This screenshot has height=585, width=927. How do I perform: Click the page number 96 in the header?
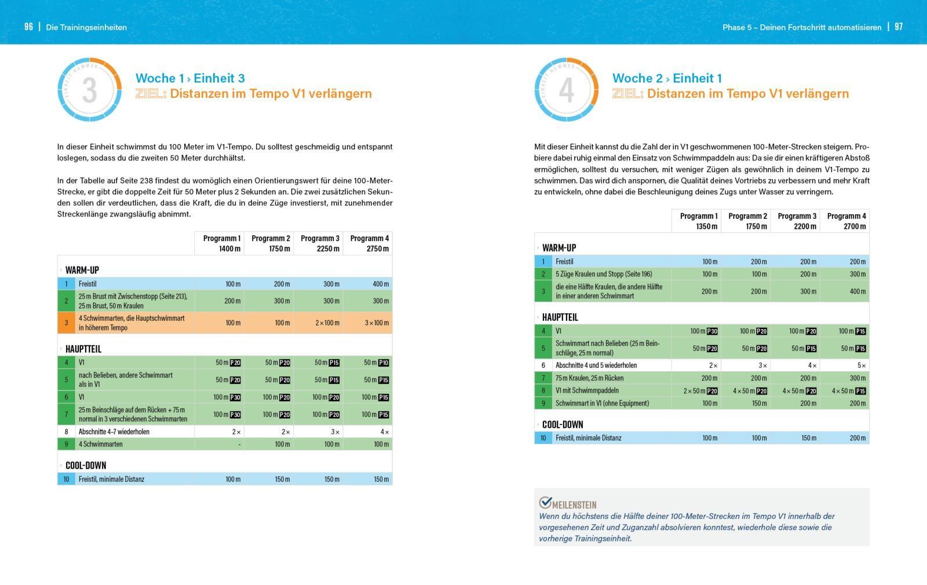(x=28, y=27)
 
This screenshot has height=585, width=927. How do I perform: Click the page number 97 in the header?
(x=899, y=27)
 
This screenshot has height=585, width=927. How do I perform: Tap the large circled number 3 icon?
(x=89, y=90)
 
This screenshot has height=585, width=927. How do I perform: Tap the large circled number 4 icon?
(x=566, y=90)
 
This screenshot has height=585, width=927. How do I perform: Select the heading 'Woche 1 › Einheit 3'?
(x=190, y=78)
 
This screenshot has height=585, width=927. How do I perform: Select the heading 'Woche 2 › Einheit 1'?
(x=667, y=78)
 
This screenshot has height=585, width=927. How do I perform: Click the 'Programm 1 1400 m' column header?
(x=221, y=243)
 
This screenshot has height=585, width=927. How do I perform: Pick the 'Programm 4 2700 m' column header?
(x=846, y=221)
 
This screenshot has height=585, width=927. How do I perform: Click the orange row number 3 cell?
(x=66, y=323)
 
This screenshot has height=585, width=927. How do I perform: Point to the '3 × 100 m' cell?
(x=376, y=323)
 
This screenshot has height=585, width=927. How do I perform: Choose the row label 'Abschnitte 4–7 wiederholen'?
(x=114, y=432)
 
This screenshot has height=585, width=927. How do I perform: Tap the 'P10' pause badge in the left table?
(x=383, y=363)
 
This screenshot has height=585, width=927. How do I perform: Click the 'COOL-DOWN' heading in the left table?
(x=85, y=465)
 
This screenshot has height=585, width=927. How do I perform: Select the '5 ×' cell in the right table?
(x=861, y=365)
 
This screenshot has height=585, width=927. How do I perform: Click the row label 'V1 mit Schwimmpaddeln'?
(x=587, y=390)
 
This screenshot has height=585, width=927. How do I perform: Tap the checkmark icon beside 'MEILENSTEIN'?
(x=545, y=502)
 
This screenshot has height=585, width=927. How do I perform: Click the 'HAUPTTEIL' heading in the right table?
(x=560, y=317)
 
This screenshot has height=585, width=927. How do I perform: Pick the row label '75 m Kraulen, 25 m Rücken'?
(x=589, y=378)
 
